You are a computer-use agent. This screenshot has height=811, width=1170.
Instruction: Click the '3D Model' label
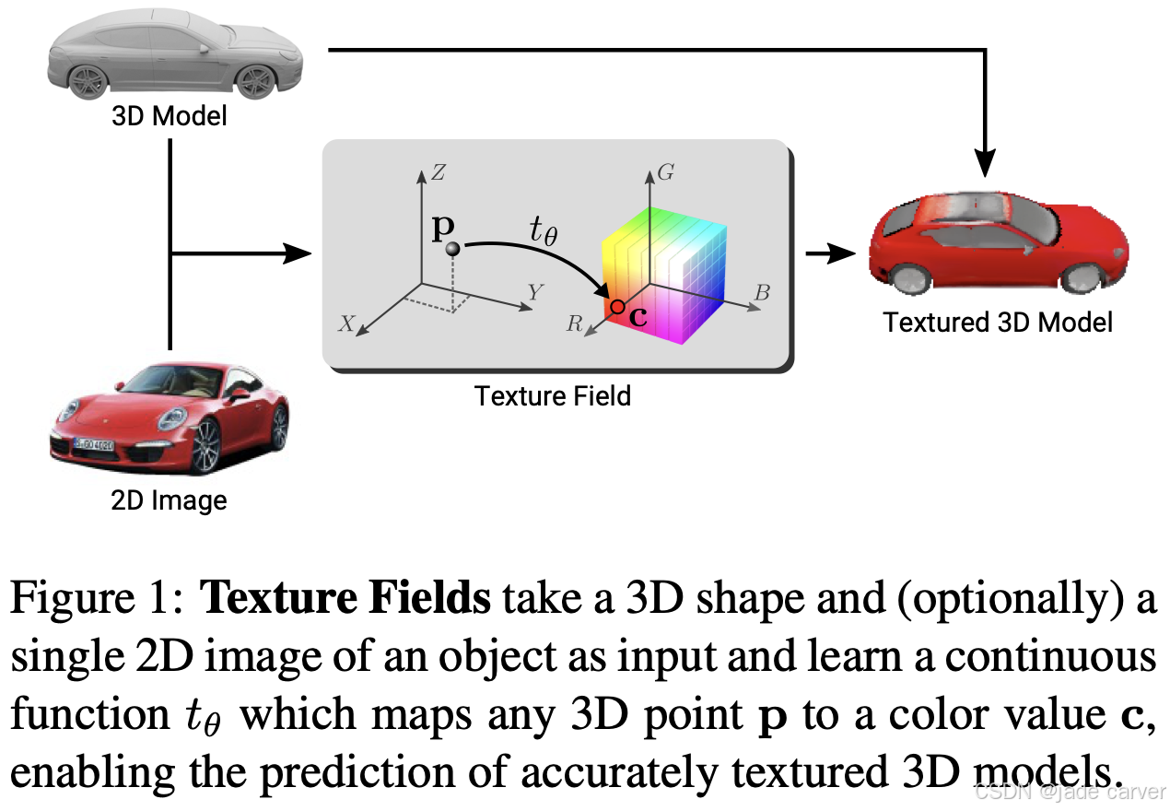point(169,117)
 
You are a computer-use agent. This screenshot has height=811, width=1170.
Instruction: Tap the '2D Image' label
point(169,500)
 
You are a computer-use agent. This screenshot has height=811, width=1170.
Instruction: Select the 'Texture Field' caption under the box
point(553,395)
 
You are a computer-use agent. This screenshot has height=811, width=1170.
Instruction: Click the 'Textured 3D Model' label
point(998,322)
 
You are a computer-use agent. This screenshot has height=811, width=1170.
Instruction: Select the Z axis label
point(439,172)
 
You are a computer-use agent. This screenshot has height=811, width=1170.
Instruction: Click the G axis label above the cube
point(668,172)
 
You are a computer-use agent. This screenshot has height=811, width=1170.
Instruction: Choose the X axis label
point(346,323)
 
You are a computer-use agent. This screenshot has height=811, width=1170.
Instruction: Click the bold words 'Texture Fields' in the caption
point(345,600)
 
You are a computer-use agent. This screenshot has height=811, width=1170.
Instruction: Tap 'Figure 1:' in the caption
point(99,600)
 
